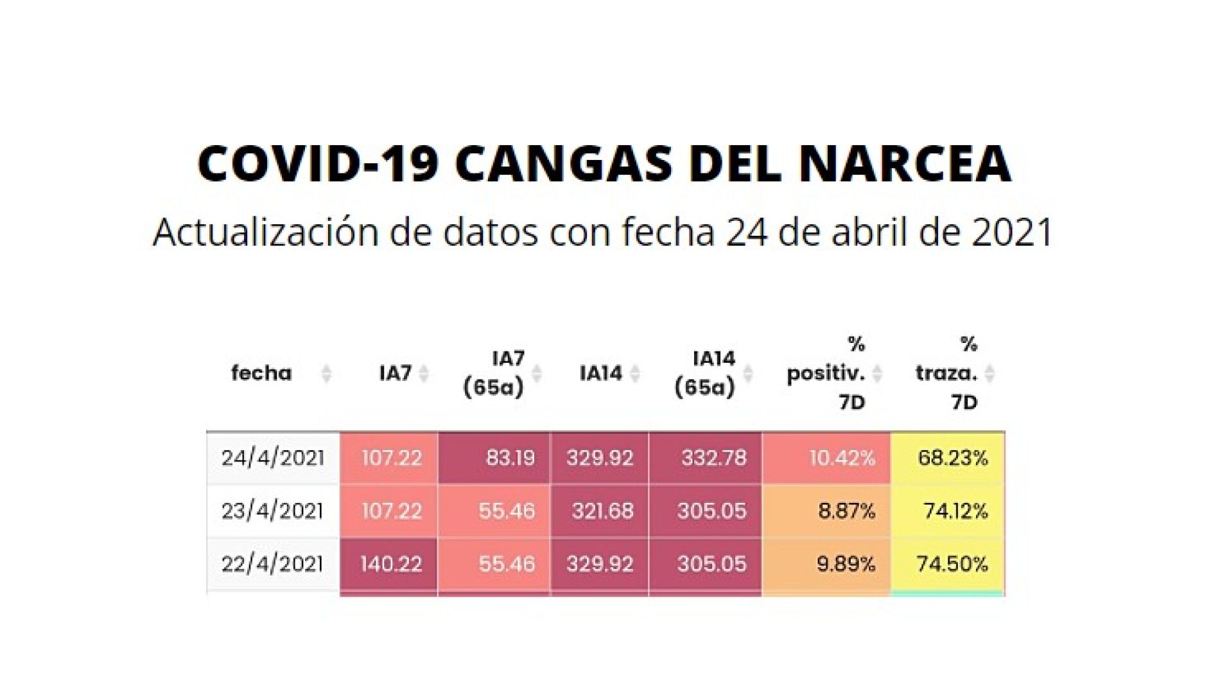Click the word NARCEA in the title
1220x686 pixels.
(x=905, y=164)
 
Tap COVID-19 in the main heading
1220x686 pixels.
(x=318, y=164)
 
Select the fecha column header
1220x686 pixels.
(x=261, y=373)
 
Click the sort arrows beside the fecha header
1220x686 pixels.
(x=326, y=373)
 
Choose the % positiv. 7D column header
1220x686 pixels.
(x=826, y=373)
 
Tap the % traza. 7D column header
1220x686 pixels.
(x=946, y=373)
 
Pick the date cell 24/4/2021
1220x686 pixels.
(x=273, y=458)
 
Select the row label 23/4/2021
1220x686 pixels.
(x=273, y=511)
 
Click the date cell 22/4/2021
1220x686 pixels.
(x=273, y=564)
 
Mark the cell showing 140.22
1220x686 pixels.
(x=390, y=564)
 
